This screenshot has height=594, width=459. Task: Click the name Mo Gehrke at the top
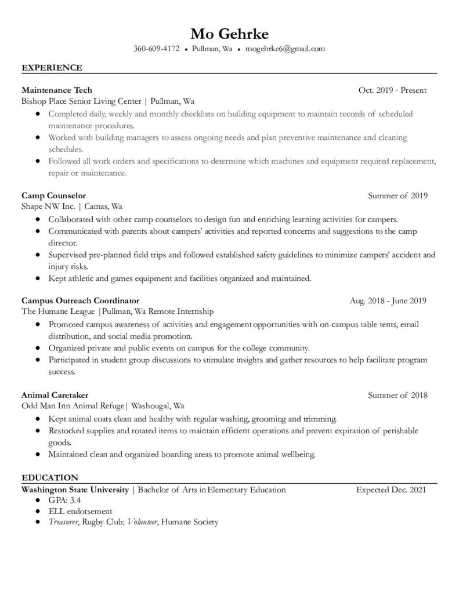point(229,32)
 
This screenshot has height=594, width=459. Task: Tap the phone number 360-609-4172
point(157,49)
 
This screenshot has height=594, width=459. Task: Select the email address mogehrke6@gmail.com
point(285,49)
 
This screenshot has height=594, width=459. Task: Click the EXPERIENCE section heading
point(52,68)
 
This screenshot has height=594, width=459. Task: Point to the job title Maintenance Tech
point(57,90)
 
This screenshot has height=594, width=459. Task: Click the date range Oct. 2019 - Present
point(393,90)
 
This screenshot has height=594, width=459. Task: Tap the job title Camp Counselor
point(53,195)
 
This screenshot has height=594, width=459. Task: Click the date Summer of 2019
point(397,195)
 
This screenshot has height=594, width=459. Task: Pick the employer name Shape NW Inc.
point(46,206)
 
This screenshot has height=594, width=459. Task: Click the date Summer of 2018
point(397,395)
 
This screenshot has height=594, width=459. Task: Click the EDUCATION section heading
point(50,478)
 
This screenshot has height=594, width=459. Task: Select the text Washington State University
point(75,490)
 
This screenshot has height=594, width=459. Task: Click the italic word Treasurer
point(63,522)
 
